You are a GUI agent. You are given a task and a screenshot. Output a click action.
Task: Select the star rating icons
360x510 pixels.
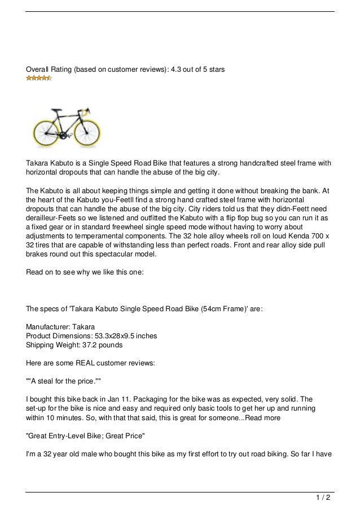tap(39, 78)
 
